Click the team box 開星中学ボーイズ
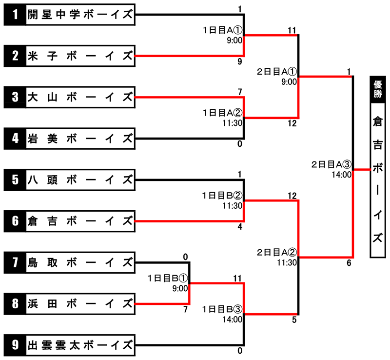69,15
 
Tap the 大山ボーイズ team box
69,97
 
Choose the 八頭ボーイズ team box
69,180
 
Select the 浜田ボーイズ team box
69,304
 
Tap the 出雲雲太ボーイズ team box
69,345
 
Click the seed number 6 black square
15,221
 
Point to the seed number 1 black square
15,15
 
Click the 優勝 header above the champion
377,89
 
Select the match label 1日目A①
222,30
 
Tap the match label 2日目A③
331,164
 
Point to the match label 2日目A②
277,253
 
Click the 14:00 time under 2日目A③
342,175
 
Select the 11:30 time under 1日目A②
233,123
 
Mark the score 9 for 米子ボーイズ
240,61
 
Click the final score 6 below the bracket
349,263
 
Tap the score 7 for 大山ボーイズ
240,92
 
